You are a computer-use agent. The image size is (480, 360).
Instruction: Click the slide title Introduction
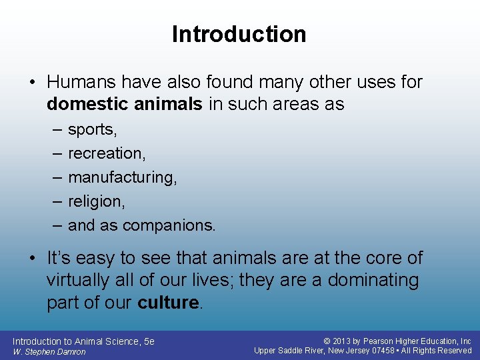pos(239,34)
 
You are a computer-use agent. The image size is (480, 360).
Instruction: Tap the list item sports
pos(92,130)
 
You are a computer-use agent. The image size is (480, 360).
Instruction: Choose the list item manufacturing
pos(123,177)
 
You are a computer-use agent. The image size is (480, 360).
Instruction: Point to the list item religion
pos(96,201)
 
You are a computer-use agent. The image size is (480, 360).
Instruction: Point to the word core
pos(381,258)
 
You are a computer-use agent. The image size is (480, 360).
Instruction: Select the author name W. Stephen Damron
pos(49,352)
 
